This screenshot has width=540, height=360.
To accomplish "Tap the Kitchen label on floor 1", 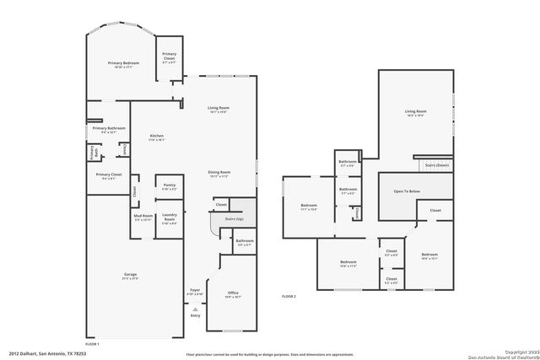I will (x=157, y=136).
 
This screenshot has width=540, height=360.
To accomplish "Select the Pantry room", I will (x=169, y=187).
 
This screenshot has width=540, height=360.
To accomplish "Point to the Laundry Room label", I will (x=169, y=217).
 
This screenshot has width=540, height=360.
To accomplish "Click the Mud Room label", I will (x=143, y=217).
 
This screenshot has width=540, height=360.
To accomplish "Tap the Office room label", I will (x=233, y=293).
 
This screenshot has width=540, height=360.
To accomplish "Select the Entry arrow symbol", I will (x=196, y=309).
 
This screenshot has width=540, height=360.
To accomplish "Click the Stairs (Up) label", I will (x=234, y=218).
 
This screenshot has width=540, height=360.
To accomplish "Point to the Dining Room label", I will (x=219, y=173).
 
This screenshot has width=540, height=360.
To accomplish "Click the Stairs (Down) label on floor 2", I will (x=437, y=165).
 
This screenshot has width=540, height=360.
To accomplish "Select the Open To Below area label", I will (x=407, y=191).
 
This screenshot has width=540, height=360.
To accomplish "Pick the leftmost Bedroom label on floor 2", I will (x=309, y=206).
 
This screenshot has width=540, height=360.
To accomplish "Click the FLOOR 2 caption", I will (x=289, y=296).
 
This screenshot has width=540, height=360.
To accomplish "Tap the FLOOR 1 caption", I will (x=93, y=344).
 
